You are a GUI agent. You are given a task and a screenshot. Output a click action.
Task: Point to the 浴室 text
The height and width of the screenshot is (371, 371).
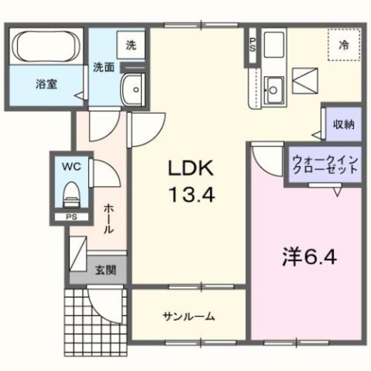click(x=46, y=84)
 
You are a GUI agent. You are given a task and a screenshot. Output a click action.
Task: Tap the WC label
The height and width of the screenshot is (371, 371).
click(x=71, y=166)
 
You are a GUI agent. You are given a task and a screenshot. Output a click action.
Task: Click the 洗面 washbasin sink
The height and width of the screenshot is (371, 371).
click(x=133, y=89)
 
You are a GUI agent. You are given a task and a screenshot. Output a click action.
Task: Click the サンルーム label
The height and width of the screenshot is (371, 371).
click(x=188, y=315)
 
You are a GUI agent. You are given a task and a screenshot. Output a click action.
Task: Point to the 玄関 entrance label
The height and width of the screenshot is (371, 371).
click(x=106, y=270)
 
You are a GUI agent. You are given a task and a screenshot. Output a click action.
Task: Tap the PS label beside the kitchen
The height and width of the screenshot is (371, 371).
click(x=252, y=46)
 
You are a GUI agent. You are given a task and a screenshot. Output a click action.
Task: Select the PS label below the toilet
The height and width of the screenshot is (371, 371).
click(x=70, y=217)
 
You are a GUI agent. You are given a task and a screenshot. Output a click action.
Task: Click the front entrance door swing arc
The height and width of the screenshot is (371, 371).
click(x=105, y=302)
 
